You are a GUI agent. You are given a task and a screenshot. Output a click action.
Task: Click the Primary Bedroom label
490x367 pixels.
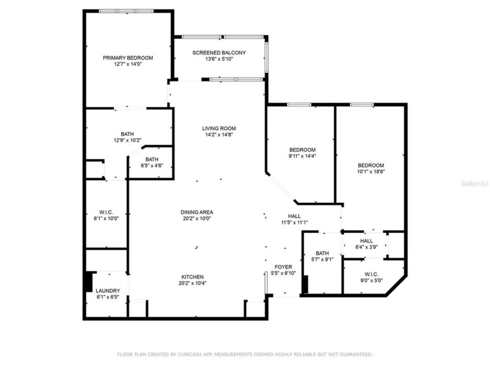click(x=128, y=58)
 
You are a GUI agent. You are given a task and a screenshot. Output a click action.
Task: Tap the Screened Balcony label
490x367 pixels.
click(x=219, y=52)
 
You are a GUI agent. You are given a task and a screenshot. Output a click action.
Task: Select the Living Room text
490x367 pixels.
click(x=219, y=128)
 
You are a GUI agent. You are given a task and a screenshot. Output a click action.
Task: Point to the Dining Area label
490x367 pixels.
click(x=196, y=212)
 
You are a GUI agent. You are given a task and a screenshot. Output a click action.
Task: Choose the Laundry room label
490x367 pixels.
click(x=108, y=291)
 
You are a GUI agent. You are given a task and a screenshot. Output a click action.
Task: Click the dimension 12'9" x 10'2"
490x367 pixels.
click(x=127, y=140)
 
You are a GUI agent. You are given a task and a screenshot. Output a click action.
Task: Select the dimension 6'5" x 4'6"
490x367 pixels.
click(x=152, y=166)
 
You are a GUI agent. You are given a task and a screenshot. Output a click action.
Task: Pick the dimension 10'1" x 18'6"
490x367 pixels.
click(x=371, y=172)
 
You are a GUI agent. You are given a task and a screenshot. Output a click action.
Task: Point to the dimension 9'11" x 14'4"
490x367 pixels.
click(x=302, y=156)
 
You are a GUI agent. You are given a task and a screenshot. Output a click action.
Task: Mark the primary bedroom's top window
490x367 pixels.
click(x=125, y=10)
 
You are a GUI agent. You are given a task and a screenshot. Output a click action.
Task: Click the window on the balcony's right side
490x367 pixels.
click(x=267, y=57)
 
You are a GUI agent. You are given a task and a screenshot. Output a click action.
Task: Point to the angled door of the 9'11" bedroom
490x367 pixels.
click(x=281, y=188)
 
